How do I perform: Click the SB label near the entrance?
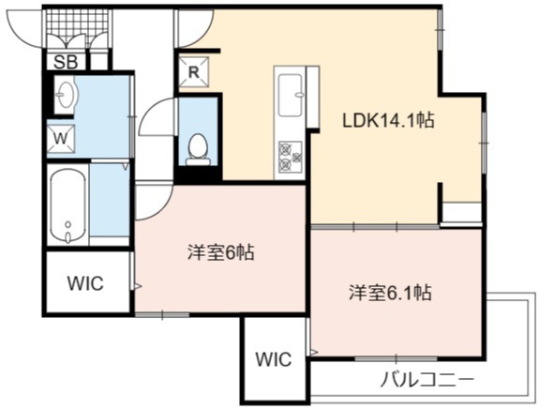[66, 62]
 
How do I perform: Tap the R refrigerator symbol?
[194, 72]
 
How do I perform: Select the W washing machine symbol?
[61, 139]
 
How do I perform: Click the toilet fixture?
[198, 150]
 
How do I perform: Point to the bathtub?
[67, 205]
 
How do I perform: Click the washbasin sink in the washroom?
[65, 94]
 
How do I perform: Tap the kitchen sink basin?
[291, 96]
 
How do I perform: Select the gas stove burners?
[291, 157]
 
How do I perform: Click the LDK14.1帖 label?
[388, 121]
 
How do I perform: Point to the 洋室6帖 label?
[220, 253]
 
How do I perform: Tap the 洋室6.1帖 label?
[390, 293]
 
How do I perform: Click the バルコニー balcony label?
[427, 380]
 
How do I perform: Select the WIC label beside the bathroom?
[85, 283]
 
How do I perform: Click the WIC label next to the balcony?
[274, 359]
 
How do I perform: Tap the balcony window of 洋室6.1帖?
[396, 358]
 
